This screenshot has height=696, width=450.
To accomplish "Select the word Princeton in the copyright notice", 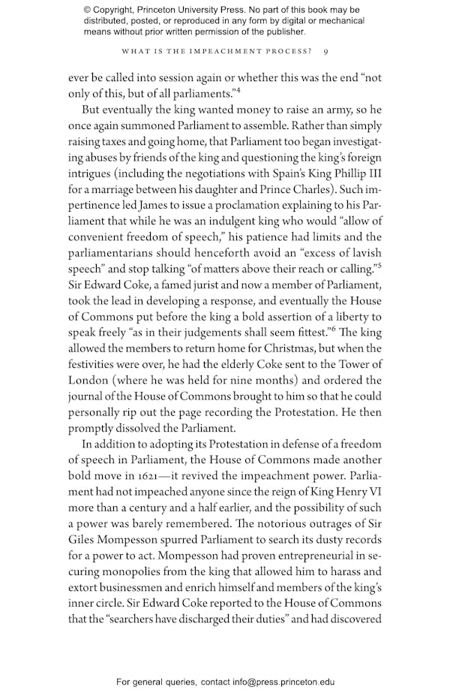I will pos(171,11).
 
